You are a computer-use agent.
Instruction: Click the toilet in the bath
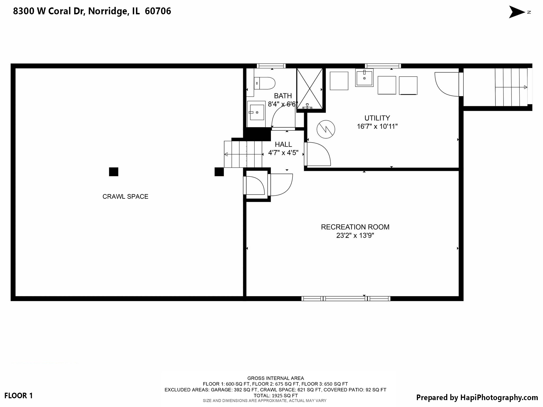265,83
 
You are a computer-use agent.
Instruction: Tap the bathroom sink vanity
256,114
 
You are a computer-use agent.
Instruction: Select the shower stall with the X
310,89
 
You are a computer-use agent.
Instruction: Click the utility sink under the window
364,78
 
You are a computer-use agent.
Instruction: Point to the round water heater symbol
326,129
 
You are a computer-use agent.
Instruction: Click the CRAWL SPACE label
125,197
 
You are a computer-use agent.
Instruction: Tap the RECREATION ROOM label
355,227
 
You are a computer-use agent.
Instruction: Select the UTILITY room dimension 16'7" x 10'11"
377,126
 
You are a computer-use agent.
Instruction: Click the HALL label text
283,144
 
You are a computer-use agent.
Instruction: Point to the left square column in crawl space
113,172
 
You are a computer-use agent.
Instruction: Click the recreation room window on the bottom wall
346,299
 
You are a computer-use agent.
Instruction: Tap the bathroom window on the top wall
271,66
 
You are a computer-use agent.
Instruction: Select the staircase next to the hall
243,154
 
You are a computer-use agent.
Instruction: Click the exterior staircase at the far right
511,87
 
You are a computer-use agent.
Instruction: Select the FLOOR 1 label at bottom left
19,396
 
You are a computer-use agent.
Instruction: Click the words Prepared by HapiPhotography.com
477,397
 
